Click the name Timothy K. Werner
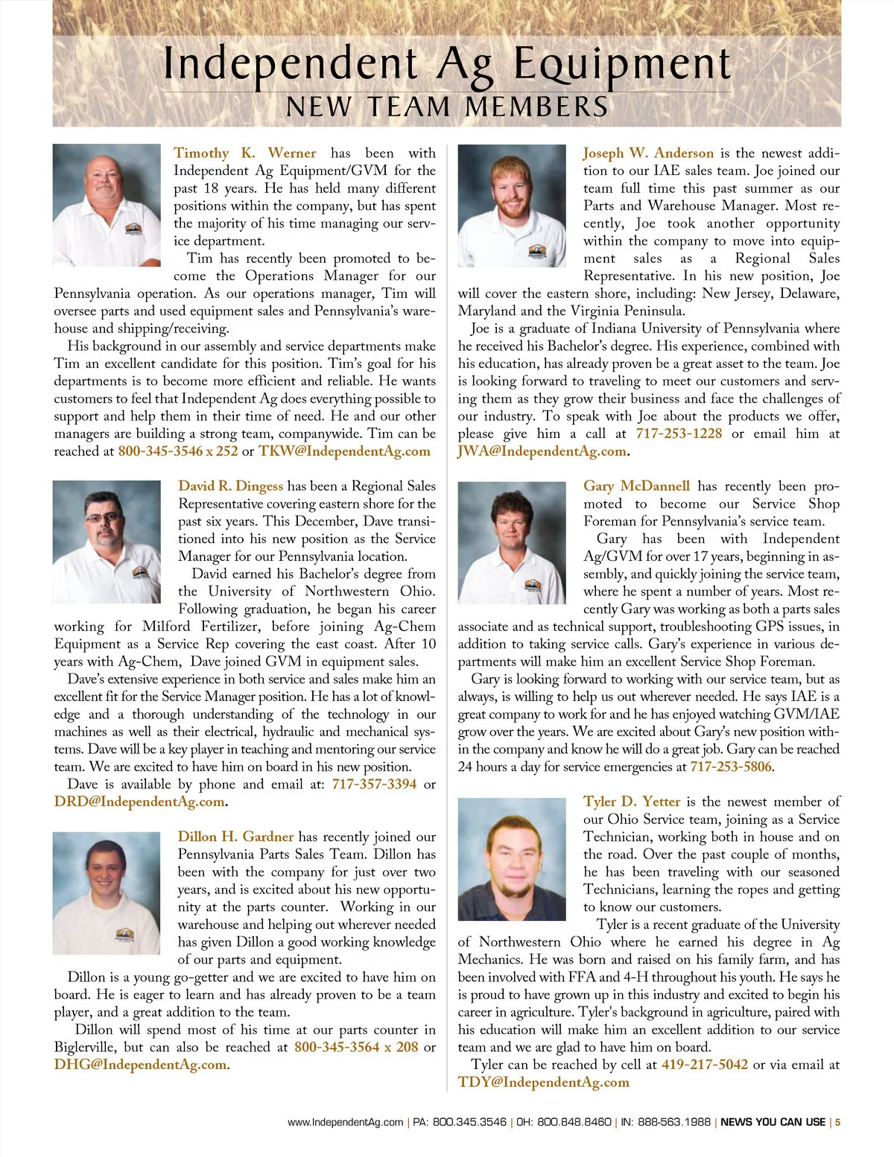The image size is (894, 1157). [244, 153]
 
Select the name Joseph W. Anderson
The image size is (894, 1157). [648, 153]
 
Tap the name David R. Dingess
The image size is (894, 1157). [230, 486]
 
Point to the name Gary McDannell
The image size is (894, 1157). [636, 486]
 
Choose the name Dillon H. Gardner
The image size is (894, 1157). [235, 837]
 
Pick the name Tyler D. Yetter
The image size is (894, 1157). [632, 802]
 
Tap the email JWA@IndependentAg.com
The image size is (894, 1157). [542, 451]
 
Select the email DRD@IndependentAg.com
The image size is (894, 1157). [139, 802]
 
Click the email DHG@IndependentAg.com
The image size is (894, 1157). [140, 1065]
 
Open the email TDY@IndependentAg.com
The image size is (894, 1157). [543, 1082]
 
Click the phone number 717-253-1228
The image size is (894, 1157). [679, 434]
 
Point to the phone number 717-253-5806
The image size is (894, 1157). [731, 767]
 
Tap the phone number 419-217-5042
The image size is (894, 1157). [705, 1065]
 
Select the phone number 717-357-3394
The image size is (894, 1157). [374, 784]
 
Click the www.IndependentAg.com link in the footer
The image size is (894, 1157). [345, 1122]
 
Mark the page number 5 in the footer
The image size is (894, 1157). [837, 1122]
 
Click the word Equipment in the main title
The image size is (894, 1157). [622, 66]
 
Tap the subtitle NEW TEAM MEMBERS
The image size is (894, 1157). [447, 107]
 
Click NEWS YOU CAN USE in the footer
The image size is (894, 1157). [773, 1122]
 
